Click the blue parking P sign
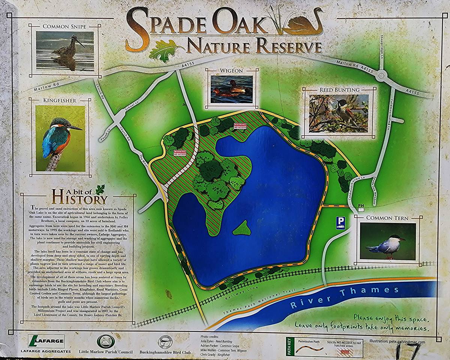(340, 223)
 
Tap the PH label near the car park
(361, 206)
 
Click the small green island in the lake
(242, 228)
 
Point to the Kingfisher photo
(60, 138)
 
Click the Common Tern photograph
(387, 242)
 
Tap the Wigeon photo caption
(231, 70)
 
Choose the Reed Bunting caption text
(339, 90)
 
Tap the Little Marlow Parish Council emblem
(103, 341)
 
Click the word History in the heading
(79, 197)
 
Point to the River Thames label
(345, 296)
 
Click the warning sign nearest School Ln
(180, 153)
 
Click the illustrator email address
(397, 342)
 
